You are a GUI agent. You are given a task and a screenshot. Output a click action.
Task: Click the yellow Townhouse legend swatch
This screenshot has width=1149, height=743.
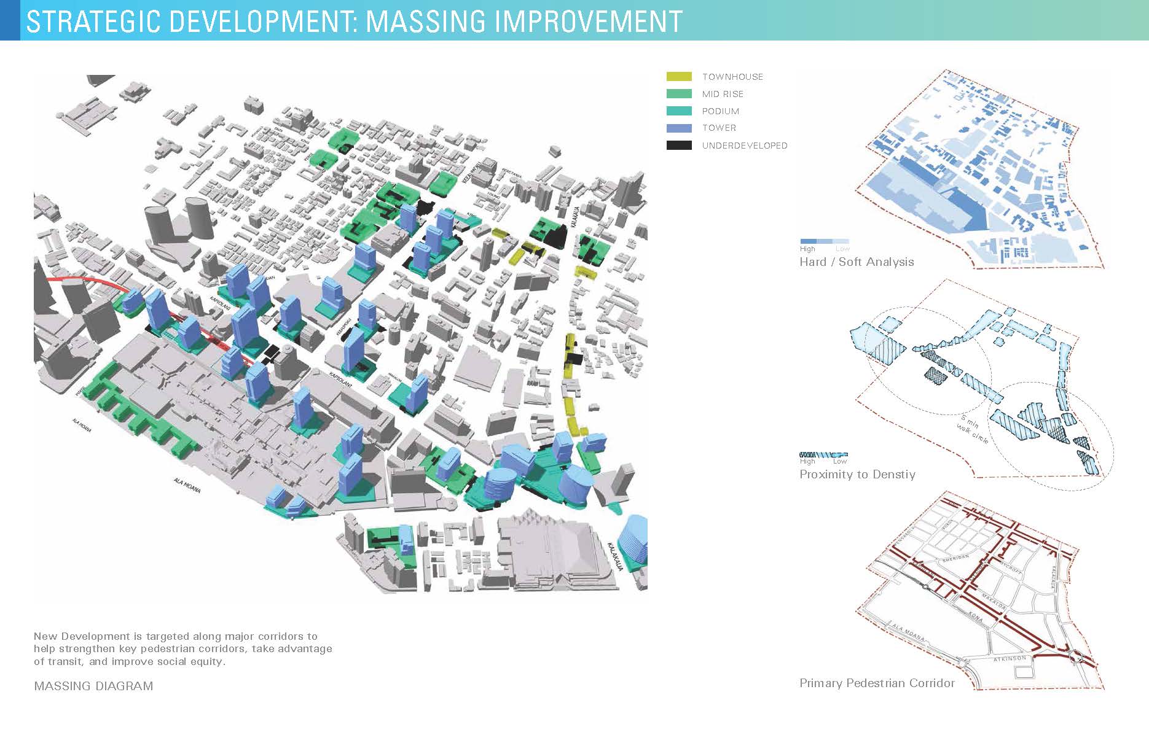pos(679,77)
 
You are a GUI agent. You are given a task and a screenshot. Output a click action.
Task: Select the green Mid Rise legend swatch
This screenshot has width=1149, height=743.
pos(679,94)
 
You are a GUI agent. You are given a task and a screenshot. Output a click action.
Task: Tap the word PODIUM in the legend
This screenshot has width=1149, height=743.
pos(721,111)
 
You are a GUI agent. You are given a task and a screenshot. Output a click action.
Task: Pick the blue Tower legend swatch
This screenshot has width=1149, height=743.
pos(679,128)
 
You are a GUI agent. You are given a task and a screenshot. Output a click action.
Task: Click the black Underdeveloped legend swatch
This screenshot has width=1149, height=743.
pos(679,146)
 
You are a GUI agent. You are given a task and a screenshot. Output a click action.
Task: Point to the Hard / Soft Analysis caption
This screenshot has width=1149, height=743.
pos(857,262)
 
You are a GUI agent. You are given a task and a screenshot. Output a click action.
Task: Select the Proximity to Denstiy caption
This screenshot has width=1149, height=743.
pos(857,475)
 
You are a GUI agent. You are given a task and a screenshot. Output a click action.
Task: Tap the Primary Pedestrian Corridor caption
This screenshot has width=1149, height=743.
pos(877,683)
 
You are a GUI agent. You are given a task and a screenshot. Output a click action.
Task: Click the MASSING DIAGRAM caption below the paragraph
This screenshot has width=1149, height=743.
pos(93,687)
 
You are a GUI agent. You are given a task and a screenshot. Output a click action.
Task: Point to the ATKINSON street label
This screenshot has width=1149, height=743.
pos(1010,659)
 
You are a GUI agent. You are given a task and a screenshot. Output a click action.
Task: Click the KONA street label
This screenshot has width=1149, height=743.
pos(975,616)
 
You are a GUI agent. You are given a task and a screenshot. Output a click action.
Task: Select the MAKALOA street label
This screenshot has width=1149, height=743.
pos(993,602)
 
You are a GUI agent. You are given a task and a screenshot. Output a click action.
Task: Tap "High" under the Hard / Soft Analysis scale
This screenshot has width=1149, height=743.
pos(807,249)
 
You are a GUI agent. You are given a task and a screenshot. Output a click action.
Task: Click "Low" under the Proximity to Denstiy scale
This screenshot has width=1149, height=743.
pos(839,461)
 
